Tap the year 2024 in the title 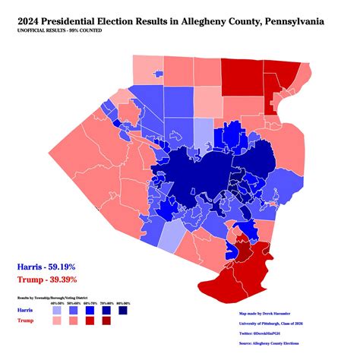tap(33, 21)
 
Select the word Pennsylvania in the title tap(305, 21)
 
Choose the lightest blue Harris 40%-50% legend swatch tap(58, 311)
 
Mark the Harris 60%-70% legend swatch tap(89, 311)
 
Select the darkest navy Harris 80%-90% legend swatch tap(121, 311)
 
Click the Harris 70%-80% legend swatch tap(105, 311)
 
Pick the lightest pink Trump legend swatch tap(58, 323)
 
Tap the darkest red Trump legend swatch tap(105, 323)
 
